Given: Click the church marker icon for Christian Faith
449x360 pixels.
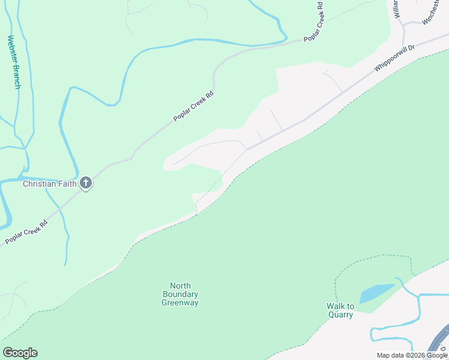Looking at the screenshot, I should [x=86, y=183].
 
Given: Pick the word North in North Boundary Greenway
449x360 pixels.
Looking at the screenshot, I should [x=180, y=286].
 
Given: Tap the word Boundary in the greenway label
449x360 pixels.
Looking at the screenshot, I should [x=180, y=295].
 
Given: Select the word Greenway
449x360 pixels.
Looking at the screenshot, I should [x=180, y=303].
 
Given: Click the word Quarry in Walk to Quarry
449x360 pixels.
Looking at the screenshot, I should [x=340, y=314].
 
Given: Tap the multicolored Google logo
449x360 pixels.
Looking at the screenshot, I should [x=20, y=353].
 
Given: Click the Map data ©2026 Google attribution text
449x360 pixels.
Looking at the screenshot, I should [x=412, y=355].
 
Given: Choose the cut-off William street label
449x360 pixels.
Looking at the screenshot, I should [x=396, y=8].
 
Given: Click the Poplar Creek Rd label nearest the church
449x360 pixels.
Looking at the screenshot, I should [x=26, y=232].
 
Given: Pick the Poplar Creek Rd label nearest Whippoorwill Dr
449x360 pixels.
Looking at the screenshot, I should [x=313, y=22].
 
